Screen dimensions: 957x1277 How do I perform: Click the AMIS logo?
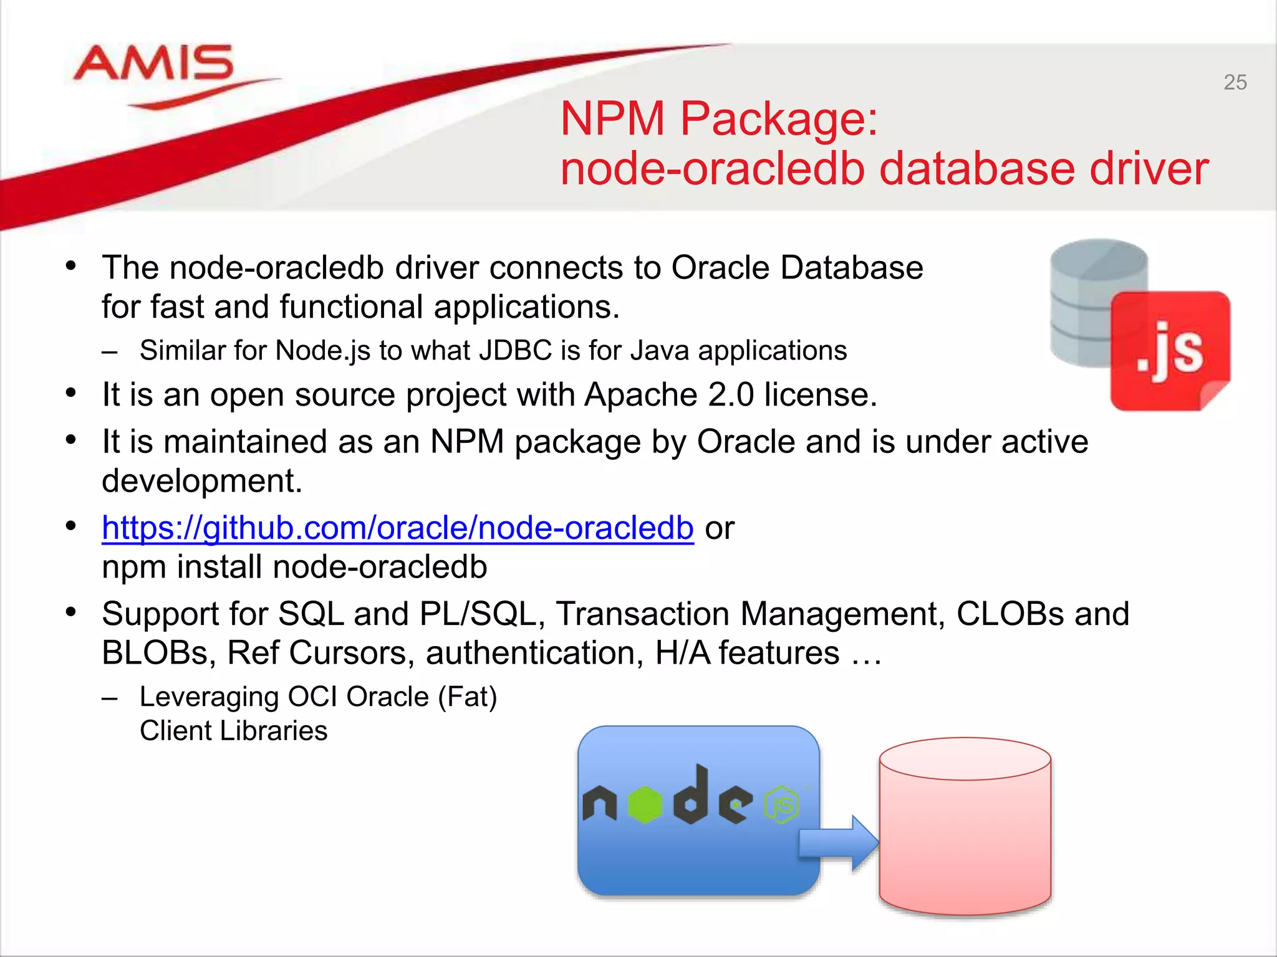[153, 65]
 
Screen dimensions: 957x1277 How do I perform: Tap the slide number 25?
[1235, 82]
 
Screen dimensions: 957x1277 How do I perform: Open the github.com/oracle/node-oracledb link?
[398, 528]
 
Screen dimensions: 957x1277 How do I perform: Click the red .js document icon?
[1169, 351]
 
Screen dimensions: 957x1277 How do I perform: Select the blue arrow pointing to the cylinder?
[839, 842]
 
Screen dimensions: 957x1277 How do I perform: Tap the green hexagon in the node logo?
[645, 804]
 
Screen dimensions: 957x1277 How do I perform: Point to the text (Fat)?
[467, 697]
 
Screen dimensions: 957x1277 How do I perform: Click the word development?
[201, 481]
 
